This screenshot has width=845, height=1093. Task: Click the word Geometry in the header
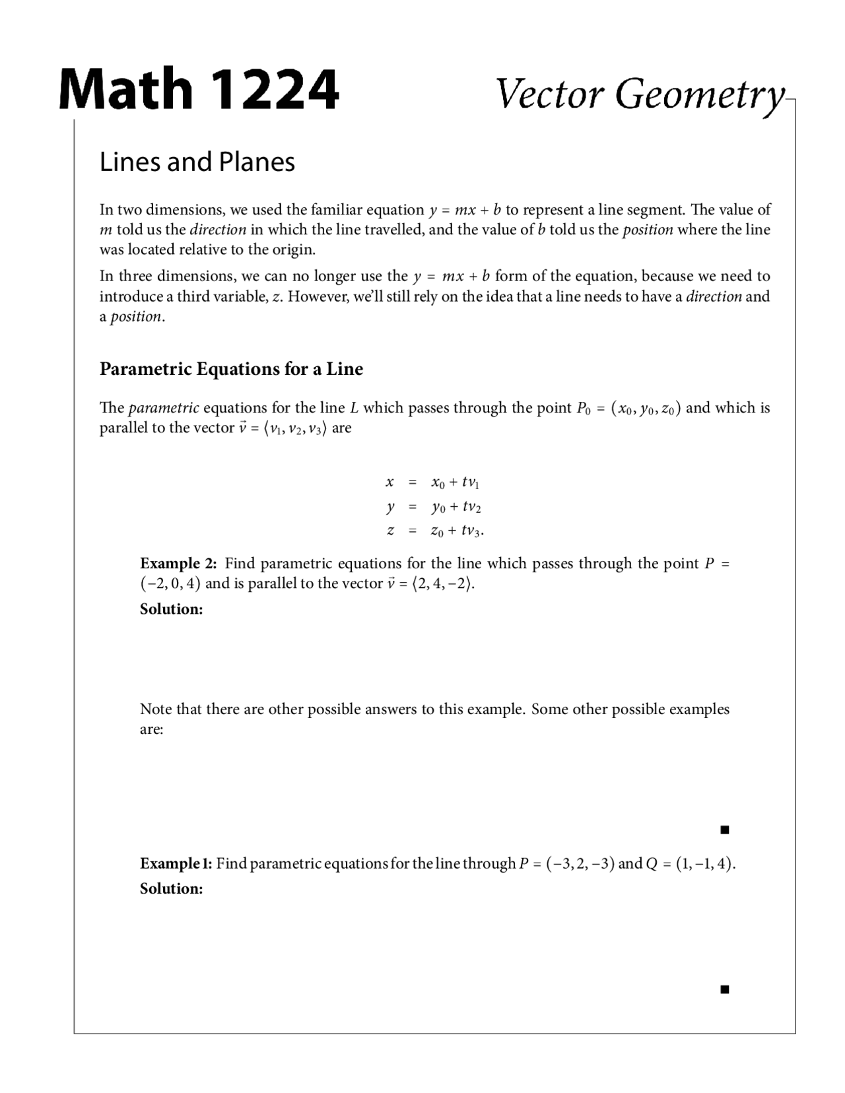(700, 94)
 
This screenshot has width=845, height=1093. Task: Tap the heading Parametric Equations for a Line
(231, 368)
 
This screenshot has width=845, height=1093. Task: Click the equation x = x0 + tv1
(433, 482)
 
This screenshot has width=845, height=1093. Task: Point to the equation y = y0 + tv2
(433, 507)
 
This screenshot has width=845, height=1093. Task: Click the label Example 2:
(178, 563)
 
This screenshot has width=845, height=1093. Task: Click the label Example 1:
(176, 863)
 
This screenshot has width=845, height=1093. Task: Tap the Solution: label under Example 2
(171, 609)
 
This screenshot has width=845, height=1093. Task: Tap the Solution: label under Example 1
(171, 888)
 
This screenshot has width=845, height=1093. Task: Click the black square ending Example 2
(724, 830)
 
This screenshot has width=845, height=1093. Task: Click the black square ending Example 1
(724, 989)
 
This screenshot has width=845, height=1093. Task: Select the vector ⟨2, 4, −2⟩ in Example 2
(442, 584)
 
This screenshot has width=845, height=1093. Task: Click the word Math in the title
(125, 89)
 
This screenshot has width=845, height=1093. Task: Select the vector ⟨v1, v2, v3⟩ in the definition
(294, 428)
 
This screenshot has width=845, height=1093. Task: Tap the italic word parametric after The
(164, 408)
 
